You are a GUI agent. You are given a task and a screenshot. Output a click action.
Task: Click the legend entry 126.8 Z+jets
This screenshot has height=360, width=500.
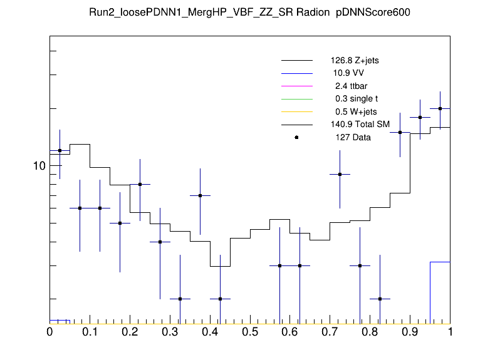(355, 61)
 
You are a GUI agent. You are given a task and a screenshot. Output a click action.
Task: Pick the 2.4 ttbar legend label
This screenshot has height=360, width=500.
(350, 86)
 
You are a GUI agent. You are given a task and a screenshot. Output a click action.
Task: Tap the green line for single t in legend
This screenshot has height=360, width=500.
(296, 99)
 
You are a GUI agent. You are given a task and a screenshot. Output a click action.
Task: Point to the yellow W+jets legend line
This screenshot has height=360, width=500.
(296, 111)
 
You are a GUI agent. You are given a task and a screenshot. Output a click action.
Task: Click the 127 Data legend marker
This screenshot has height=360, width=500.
(296, 137)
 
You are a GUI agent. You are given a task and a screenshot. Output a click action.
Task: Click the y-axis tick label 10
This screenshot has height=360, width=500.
(39, 166)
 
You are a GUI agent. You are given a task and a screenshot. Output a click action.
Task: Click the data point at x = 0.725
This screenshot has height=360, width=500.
(340, 174)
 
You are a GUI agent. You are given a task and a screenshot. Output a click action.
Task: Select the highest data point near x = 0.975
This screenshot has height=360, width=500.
(440, 108)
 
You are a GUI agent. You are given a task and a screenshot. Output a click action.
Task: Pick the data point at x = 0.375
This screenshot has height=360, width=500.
(200, 195)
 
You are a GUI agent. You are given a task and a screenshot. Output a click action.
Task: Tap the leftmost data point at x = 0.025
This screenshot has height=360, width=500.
(60, 150)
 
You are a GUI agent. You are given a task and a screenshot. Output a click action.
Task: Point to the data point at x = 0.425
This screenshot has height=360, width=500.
(220, 299)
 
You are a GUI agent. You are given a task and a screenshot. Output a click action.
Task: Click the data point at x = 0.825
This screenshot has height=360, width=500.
(380, 299)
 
